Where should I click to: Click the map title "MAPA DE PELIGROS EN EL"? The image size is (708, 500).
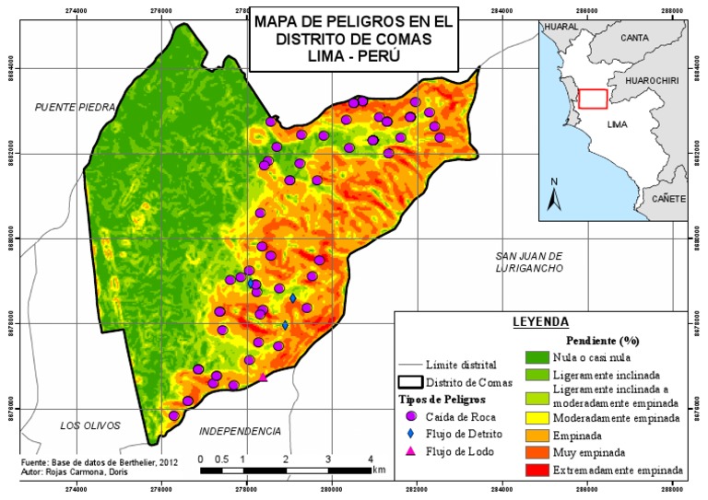(329, 21)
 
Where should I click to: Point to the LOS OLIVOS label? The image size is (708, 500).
(90, 425)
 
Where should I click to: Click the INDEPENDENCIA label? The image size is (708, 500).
(240, 431)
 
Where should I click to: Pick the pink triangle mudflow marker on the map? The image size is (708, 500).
(263, 377)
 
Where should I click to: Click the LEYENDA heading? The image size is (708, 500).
(541, 322)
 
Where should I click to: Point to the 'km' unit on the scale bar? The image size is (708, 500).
(380, 469)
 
